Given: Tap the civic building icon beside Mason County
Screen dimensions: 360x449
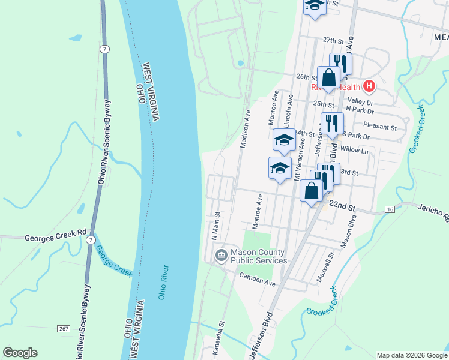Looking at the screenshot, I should (x=221, y=256).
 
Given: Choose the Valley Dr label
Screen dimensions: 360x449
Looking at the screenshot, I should (x=360, y=102).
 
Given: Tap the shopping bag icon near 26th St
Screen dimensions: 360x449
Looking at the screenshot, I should (x=328, y=78).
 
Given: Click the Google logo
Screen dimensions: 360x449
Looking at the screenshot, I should (x=20, y=353).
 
